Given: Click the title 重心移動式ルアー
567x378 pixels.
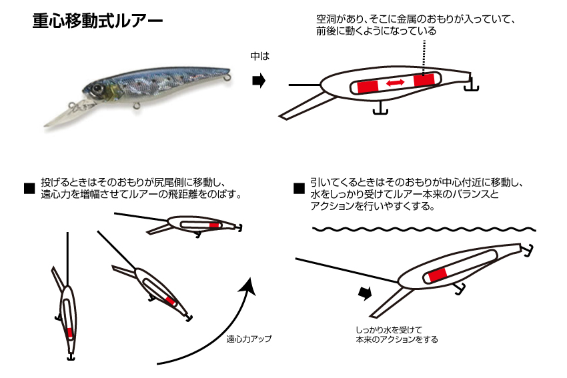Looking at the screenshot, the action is click(x=97, y=21).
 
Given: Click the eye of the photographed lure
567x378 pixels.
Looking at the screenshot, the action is click(x=97, y=88).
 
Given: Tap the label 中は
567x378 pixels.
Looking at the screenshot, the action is click(x=260, y=56).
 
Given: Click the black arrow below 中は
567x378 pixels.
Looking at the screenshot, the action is click(x=259, y=81).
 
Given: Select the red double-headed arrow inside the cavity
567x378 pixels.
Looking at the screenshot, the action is click(x=396, y=83).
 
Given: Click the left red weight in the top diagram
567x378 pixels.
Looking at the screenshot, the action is click(x=368, y=87).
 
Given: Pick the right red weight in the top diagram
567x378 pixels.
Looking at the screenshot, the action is click(x=424, y=80).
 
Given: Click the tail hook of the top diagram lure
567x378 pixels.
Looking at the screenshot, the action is click(x=471, y=84).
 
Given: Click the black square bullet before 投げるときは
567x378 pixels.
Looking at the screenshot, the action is click(x=29, y=188).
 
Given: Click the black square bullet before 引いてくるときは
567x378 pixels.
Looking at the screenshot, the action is click(x=299, y=188).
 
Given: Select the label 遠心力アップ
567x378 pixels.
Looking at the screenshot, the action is click(x=249, y=339).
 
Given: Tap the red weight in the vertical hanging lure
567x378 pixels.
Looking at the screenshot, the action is click(x=70, y=333).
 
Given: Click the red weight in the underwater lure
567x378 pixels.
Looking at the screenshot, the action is click(x=437, y=275).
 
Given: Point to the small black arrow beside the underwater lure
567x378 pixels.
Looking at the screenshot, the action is click(x=365, y=293).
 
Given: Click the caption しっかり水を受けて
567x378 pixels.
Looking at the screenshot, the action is click(x=389, y=329).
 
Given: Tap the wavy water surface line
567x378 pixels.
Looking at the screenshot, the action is click(x=424, y=229).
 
